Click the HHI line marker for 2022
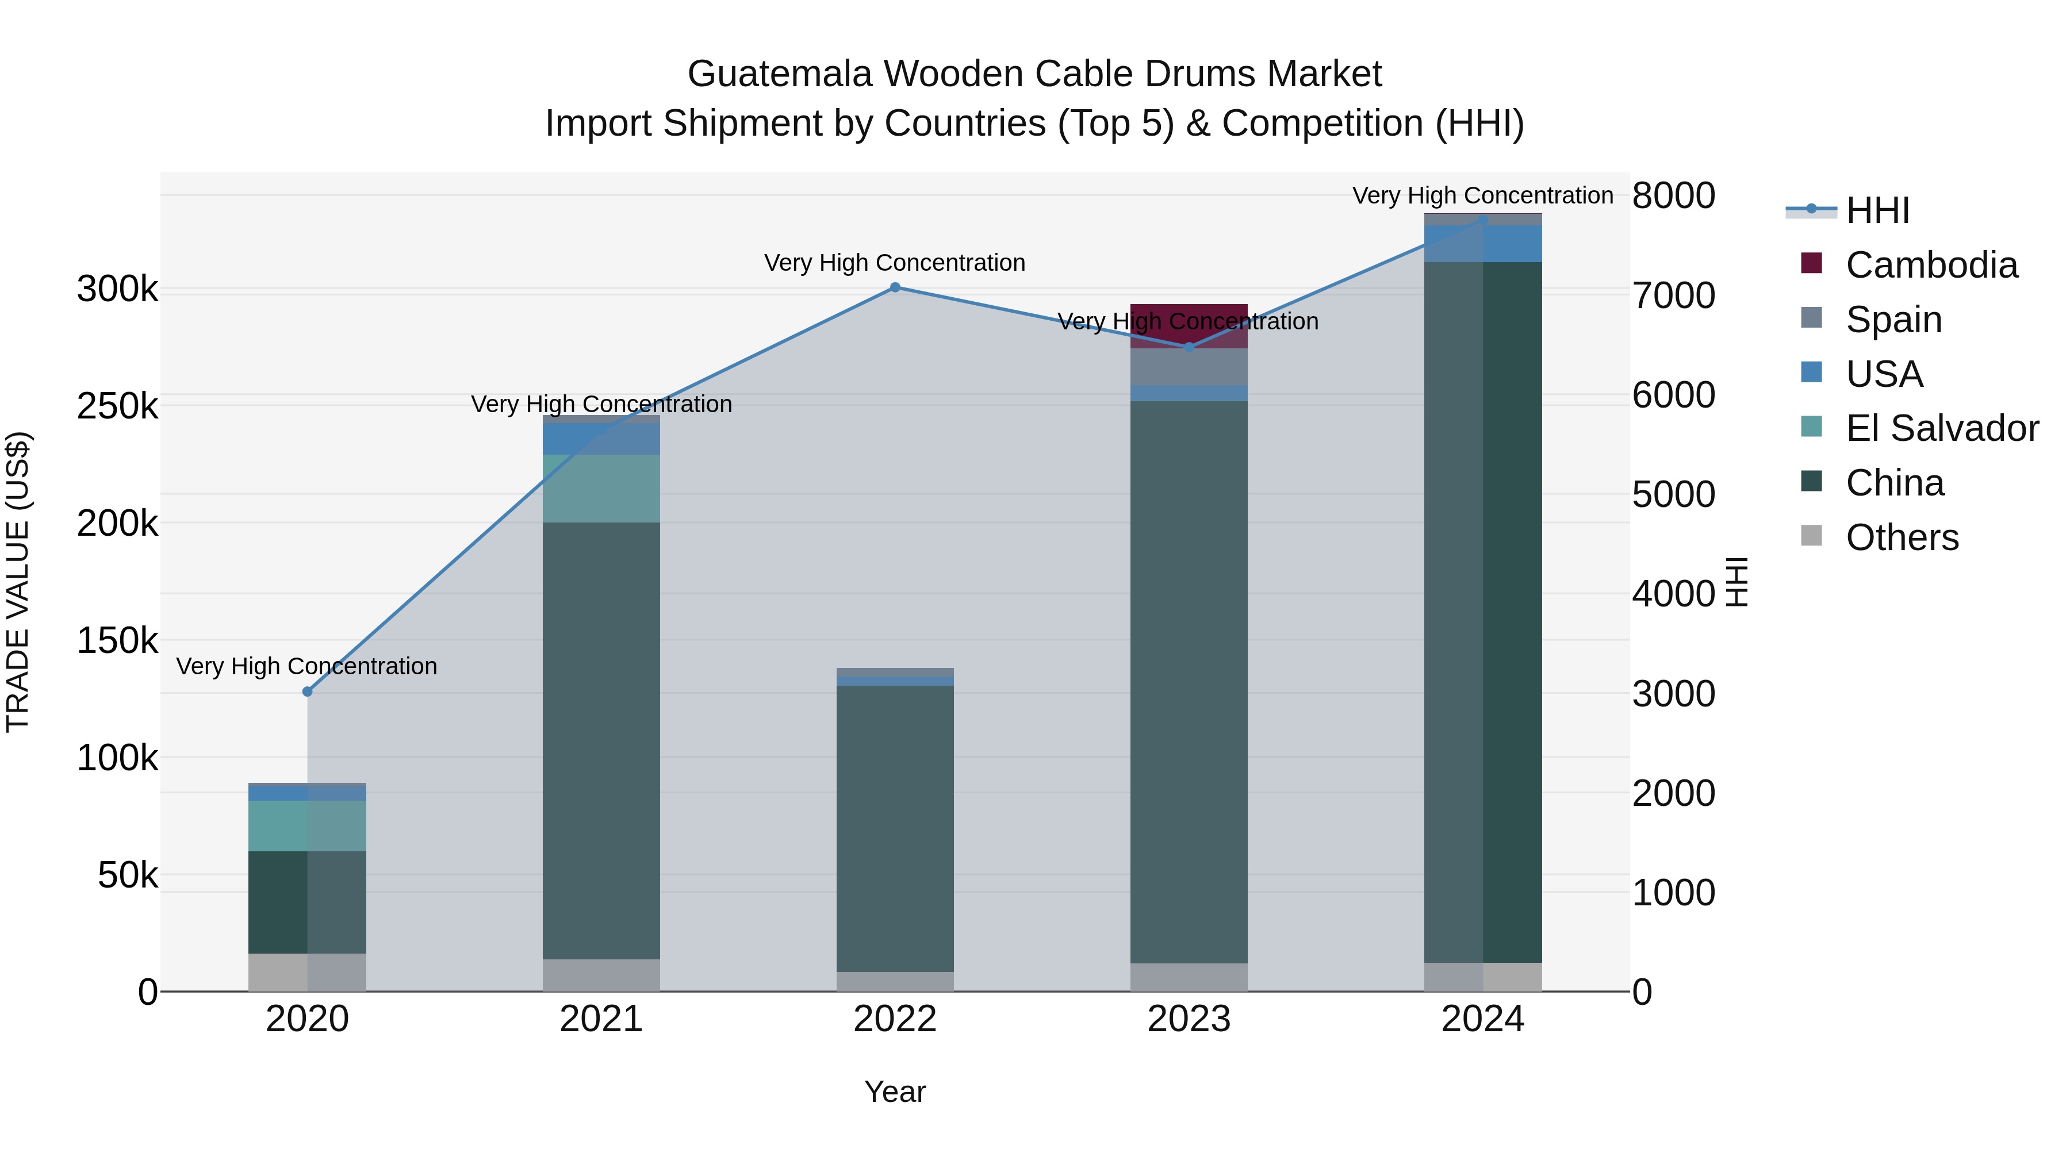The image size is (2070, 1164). [895, 287]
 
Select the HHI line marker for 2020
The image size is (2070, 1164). [307, 692]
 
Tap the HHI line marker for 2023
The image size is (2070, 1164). [1189, 347]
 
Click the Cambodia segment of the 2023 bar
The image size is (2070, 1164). [1189, 325]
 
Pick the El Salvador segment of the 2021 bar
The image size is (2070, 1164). [601, 489]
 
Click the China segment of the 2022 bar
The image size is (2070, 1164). [895, 827]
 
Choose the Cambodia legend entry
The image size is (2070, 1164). [1931, 265]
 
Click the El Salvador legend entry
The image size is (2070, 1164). [1941, 428]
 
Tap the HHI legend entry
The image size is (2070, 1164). [1877, 210]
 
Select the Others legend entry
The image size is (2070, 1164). [1902, 537]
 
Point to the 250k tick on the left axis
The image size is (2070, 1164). [118, 406]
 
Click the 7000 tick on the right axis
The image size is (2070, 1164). [1673, 295]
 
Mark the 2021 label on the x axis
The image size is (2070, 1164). [601, 1019]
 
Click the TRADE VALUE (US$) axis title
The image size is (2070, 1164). [18, 582]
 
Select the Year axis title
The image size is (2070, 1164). [895, 1092]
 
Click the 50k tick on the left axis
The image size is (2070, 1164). [128, 875]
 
